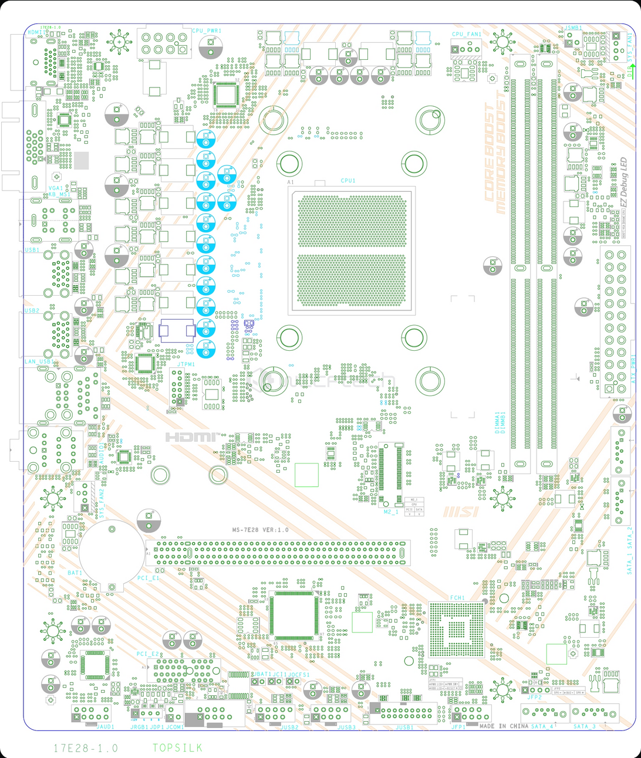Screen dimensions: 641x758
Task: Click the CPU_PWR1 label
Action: pos(207,31)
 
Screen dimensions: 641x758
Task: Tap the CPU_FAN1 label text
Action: pos(467,35)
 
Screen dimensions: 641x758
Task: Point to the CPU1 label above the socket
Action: pos(348,181)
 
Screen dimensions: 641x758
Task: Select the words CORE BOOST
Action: pos(489,153)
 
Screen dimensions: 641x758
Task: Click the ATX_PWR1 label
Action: pos(633,369)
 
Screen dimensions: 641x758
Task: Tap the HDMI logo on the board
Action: pos(191,437)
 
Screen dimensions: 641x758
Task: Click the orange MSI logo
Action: pos(461,512)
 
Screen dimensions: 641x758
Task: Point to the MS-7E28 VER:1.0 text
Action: pos(260,530)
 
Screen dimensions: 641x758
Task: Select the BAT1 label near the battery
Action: pos(75,573)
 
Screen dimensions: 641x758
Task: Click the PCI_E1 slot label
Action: pos(148,578)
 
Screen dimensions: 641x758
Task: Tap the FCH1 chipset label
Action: pos(457,598)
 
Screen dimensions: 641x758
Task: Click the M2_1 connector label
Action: pos(391,512)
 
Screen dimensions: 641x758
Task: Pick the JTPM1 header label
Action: pos(185,365)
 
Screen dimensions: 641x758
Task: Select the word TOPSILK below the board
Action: pos(177,748)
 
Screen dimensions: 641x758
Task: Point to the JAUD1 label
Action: pos(105,727)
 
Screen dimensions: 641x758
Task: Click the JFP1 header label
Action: pos(458,727)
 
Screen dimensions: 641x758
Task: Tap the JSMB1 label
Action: pos(573,28)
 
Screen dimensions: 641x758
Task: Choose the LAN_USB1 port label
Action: pos(38,362)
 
